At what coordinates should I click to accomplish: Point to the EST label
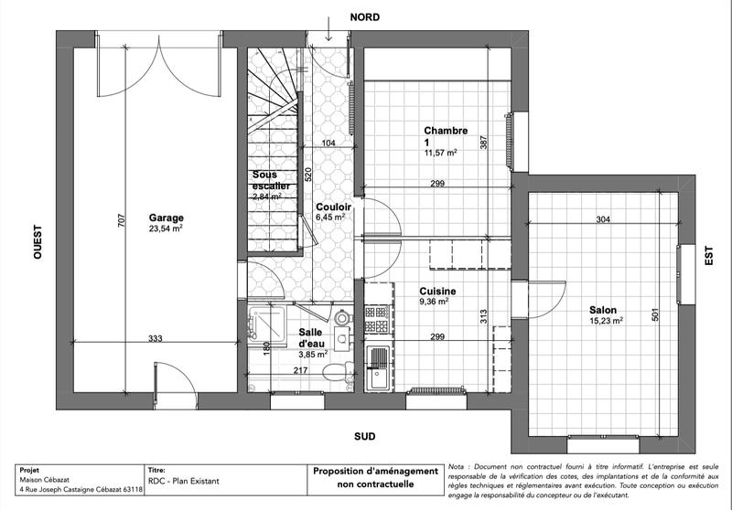708,258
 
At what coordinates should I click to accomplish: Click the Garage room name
167,218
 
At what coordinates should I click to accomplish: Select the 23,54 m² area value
167,229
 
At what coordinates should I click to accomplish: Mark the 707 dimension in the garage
121,221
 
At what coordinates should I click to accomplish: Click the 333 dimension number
156,339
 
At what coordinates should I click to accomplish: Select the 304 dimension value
603,220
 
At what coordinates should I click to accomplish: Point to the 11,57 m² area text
440,154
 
